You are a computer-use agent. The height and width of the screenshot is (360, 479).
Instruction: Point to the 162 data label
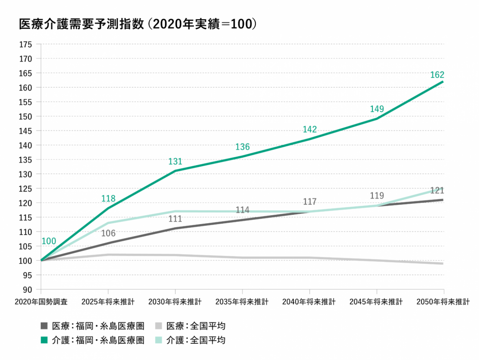(x=437, y=75)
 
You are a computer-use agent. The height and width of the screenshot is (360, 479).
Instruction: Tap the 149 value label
(x=377, y=109)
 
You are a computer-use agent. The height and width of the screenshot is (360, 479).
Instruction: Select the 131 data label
(x=175, y=161)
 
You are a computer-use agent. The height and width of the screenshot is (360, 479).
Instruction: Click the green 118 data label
(x=108, y=199)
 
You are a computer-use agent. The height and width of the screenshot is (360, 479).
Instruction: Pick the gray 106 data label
(x=108, y=233)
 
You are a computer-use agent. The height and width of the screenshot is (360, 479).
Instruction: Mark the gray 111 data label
(x=175, y=219)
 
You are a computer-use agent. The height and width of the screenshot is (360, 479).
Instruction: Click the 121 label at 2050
(x=437, y=191)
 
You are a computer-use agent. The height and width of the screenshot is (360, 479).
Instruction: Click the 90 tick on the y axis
(x=28, y=289)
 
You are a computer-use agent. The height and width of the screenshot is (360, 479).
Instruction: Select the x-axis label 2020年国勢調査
(x=41, y=302)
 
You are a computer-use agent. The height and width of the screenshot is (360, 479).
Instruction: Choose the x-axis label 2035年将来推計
(x=242, y=302)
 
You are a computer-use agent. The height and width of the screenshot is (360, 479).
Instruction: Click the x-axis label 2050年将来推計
(x=443, y=302)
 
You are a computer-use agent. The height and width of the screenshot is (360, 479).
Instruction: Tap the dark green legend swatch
(x=45, y=340)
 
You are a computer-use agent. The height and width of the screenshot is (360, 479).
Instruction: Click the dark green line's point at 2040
(x=309, y=139)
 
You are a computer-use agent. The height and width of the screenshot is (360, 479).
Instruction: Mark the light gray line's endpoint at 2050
(x=443, y=264)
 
